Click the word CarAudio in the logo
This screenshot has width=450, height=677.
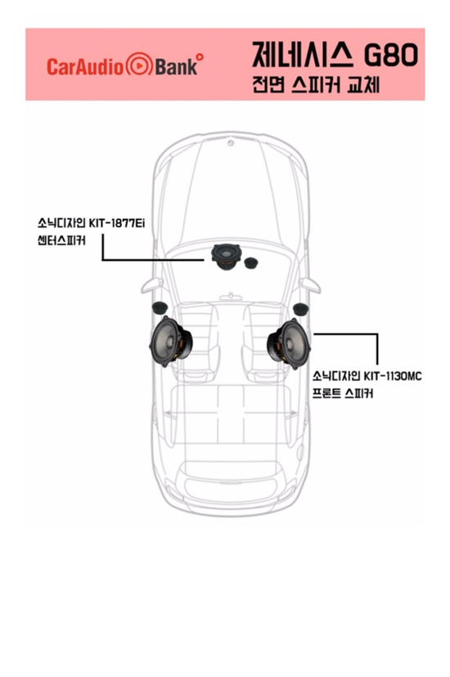85,66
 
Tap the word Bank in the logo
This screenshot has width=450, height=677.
176,66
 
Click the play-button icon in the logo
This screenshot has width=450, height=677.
139,65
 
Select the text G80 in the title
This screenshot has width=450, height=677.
391,56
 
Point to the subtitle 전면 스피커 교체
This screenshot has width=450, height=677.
316,85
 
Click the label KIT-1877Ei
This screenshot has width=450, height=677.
116,224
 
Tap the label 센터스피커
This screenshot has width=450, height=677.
61,240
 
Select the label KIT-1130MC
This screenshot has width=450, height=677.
392,376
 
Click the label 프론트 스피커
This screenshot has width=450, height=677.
343,393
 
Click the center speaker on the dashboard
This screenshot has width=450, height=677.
225,257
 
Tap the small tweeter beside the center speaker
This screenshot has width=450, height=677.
251,263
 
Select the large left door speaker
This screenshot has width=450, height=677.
170,341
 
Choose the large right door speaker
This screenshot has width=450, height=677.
289,343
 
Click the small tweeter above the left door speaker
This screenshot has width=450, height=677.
160,307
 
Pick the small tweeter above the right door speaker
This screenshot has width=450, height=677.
300,309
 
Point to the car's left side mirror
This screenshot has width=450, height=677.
151,285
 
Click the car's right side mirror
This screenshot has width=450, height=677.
310,285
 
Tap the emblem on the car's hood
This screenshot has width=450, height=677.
231,142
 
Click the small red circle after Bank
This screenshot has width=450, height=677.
200,56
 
